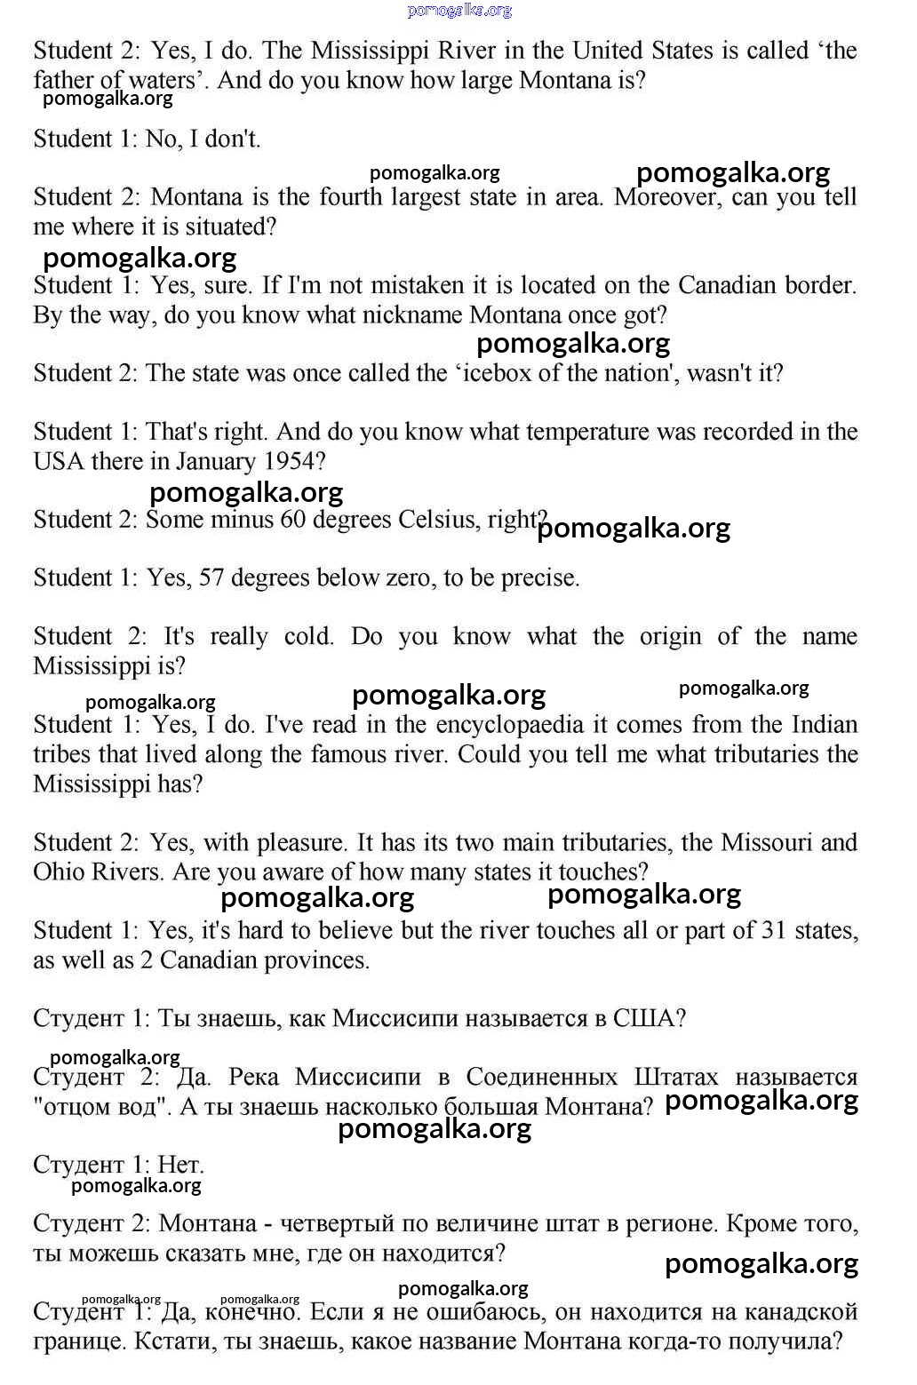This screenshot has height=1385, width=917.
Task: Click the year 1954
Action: [x=289, y=461]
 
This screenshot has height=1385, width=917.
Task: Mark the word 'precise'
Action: [x=540, y=577]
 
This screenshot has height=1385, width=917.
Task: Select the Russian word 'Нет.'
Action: [x=180, y=1165]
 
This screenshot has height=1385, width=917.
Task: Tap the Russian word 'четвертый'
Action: [x=337, y=1223]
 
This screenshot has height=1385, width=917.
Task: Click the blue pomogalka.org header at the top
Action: [x=459, y=11]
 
